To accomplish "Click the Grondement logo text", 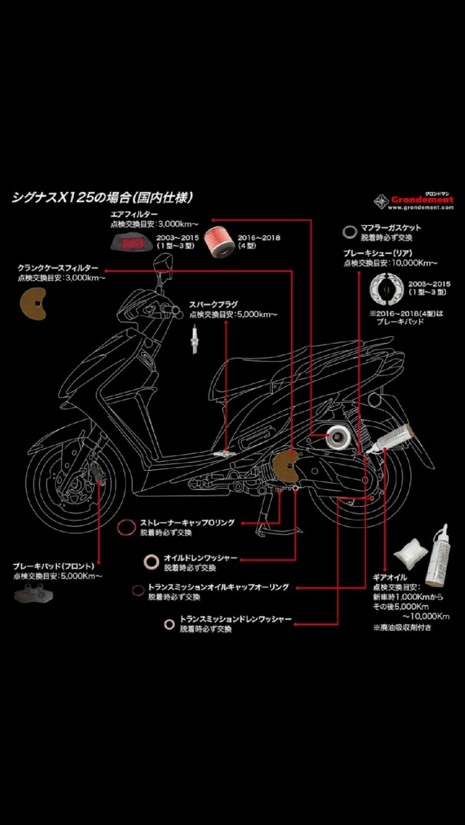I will click(x=422, y=200).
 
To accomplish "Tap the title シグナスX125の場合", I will click(x=102, y=197).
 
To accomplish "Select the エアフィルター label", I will click(x=134, y=214).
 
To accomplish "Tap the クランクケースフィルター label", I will click(x=57, y=268).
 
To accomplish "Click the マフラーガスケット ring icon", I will click(x=348, y=232).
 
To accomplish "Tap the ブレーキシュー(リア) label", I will click(x=377, y=253).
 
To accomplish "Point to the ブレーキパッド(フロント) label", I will click(x=53, y=566).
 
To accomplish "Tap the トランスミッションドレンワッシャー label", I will click(x=235, y=619).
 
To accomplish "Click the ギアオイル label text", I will click(x=390, y=577).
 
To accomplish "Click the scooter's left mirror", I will click(x=161, y=266).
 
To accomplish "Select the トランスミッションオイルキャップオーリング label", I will click(x=218, y=587).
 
